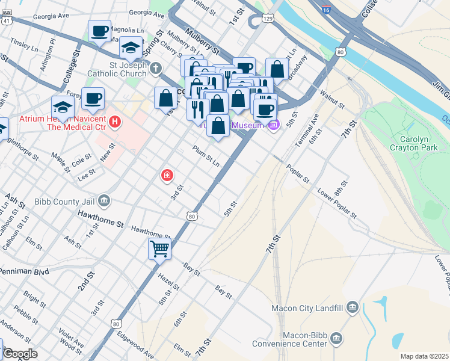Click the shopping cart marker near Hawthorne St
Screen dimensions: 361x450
[x=159, y=248]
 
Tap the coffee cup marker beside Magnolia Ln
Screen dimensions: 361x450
[x=100, y=31]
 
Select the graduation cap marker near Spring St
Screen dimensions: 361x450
[x=131, y=47]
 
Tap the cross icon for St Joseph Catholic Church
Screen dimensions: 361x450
[x=156, y=67]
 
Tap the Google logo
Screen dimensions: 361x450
[x=20, y=354]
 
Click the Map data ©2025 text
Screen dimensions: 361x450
[x=424, y=356]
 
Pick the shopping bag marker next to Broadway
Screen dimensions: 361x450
[x=277, y=69]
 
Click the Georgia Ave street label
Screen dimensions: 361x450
[x=146, y=13]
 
